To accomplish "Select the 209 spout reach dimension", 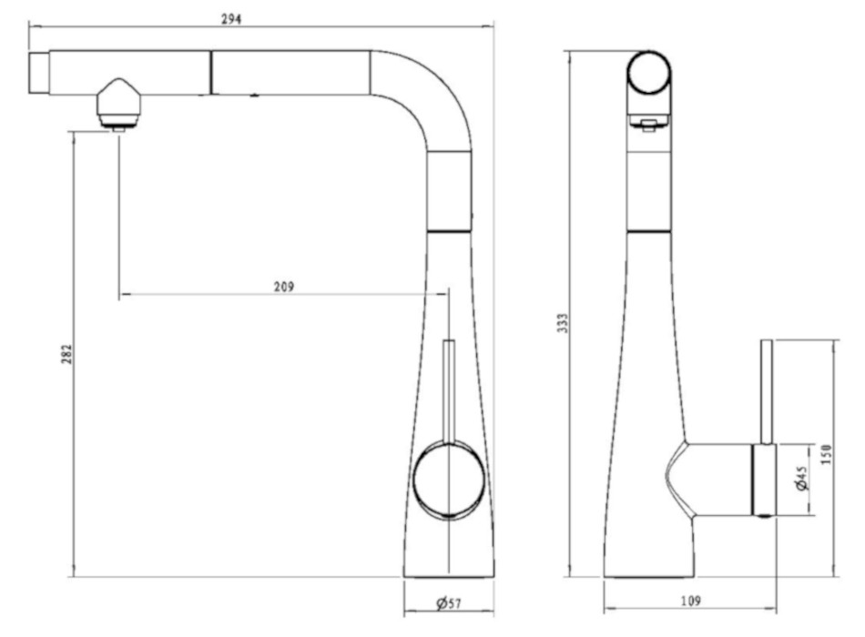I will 283,286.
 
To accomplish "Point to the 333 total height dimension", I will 563,323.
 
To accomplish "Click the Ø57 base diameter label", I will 449,603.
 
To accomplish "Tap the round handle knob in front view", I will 448,480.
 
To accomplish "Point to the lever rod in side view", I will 767,391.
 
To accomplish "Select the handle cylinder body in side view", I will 763,479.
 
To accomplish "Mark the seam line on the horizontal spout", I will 211,72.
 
